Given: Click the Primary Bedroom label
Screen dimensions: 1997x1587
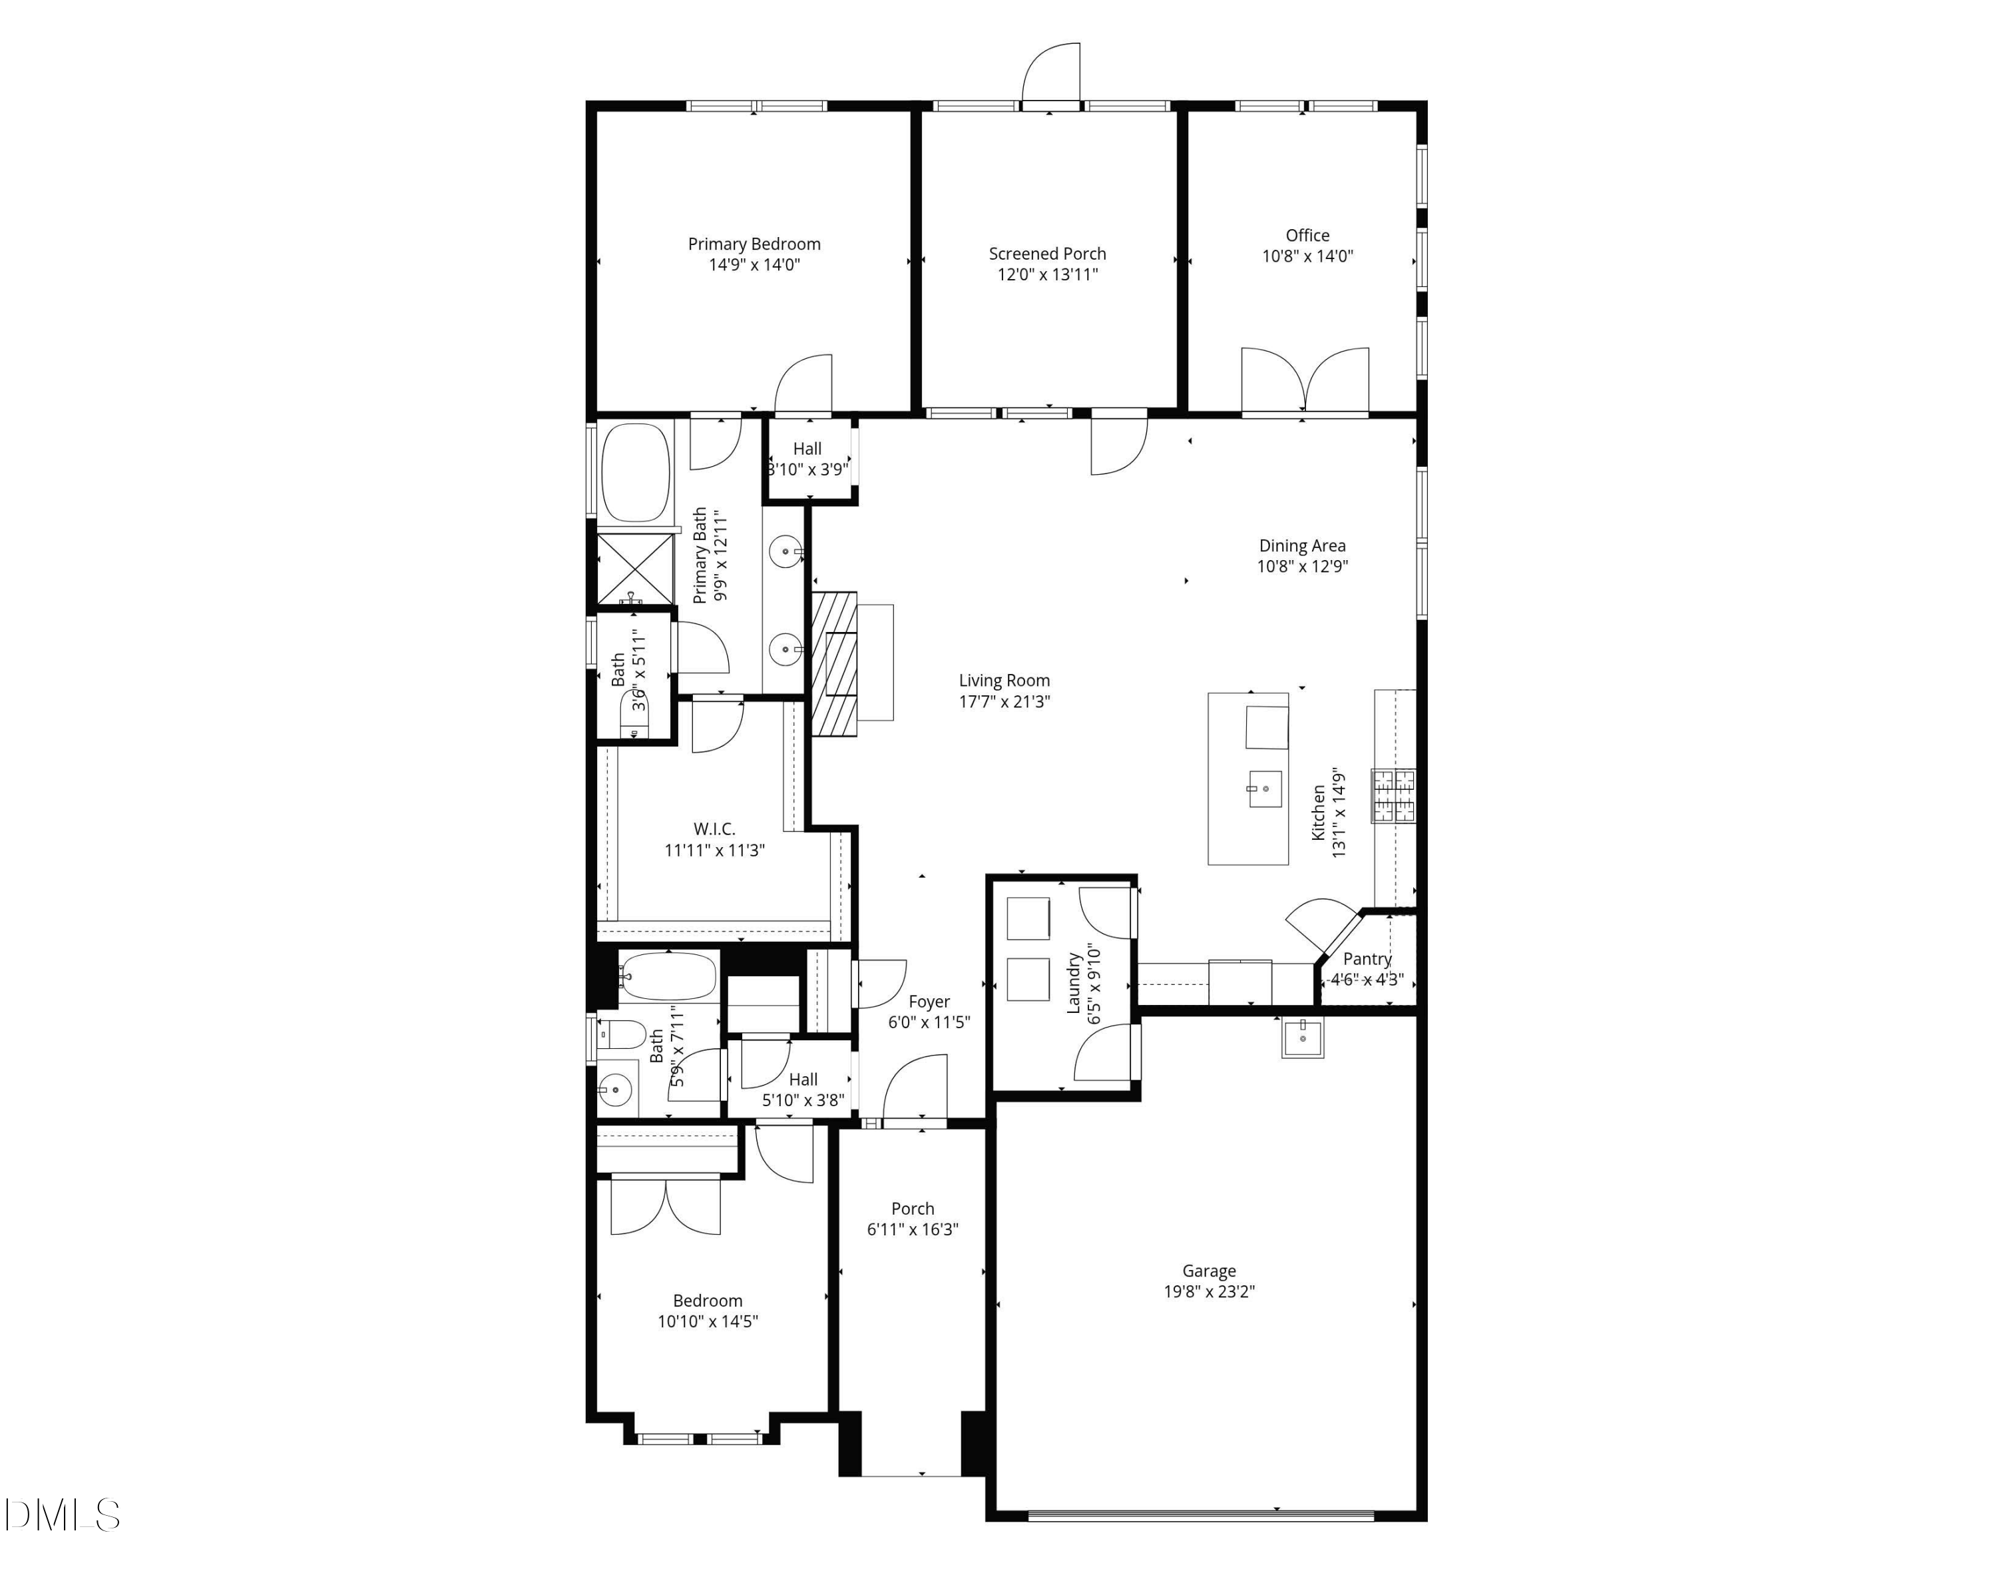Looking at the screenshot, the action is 754,244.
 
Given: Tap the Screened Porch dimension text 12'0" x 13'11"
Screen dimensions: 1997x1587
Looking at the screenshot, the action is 1048,274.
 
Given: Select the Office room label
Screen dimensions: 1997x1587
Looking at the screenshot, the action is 1307,235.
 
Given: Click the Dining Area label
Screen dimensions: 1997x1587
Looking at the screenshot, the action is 1302,545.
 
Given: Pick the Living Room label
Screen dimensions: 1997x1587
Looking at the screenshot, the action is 1004,680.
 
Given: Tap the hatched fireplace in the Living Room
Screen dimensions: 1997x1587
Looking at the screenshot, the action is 835,664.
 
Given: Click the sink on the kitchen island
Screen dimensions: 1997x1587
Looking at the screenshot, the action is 1265,789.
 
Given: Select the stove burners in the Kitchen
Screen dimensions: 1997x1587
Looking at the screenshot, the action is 1394,796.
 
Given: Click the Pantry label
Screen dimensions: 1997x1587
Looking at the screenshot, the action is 1367,959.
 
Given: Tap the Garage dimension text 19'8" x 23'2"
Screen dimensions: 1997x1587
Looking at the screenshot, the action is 1209,1291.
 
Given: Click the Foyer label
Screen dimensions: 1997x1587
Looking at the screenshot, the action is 929,1002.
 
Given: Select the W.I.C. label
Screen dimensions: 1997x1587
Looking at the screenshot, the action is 714,829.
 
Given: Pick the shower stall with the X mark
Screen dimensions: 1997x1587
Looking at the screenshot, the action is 634,568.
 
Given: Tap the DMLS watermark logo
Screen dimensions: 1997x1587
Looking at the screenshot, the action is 61,1514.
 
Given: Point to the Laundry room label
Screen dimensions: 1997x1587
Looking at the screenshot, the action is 1074,983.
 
